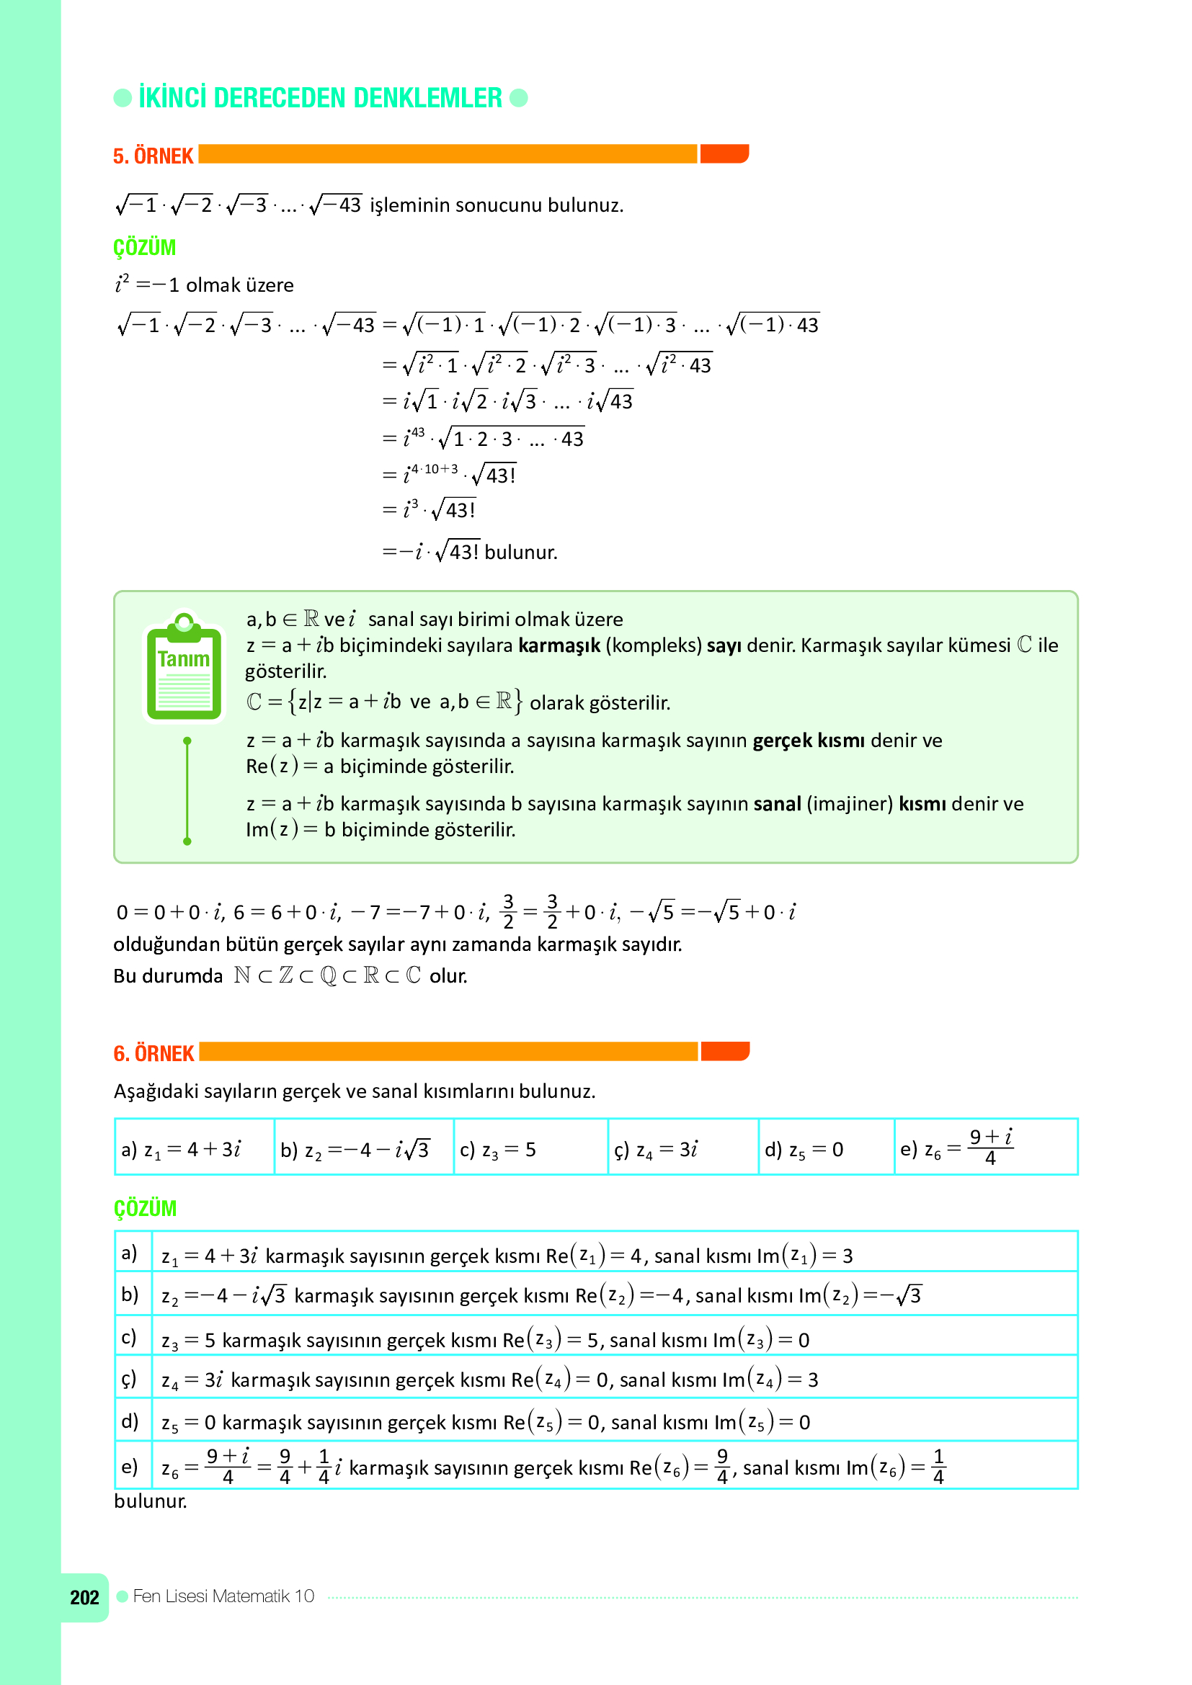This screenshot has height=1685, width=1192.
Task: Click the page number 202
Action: point(84,1598)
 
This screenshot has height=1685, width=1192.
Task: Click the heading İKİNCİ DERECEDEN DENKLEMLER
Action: point(320,97)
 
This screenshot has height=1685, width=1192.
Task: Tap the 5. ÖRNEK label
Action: point(153,156)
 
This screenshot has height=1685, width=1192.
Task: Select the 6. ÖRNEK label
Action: point(154,1054)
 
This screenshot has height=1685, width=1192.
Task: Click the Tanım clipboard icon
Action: point(184,666)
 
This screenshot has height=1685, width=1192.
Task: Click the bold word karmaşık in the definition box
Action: point(559,645)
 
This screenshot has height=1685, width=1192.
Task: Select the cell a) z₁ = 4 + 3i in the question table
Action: point(195,1149)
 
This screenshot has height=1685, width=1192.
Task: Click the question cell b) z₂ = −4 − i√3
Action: point(363,1149)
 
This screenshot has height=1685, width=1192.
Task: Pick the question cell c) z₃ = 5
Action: point(530,1149)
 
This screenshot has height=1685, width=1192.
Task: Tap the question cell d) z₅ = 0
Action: point(825,1149)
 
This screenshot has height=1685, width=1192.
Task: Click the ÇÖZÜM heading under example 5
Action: point(145,247)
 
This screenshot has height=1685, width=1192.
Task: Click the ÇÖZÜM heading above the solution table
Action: point(145,1208)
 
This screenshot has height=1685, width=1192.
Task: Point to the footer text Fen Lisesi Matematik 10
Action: point(223,1596)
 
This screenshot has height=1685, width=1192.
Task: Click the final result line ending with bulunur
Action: point(470,551)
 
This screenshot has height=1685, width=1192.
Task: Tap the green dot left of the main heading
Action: point(123,97)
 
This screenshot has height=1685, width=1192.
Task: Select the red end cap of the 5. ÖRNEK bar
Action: point(724,153)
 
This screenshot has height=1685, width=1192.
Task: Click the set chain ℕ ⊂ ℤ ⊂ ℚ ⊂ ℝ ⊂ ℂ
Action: point(327,975)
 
